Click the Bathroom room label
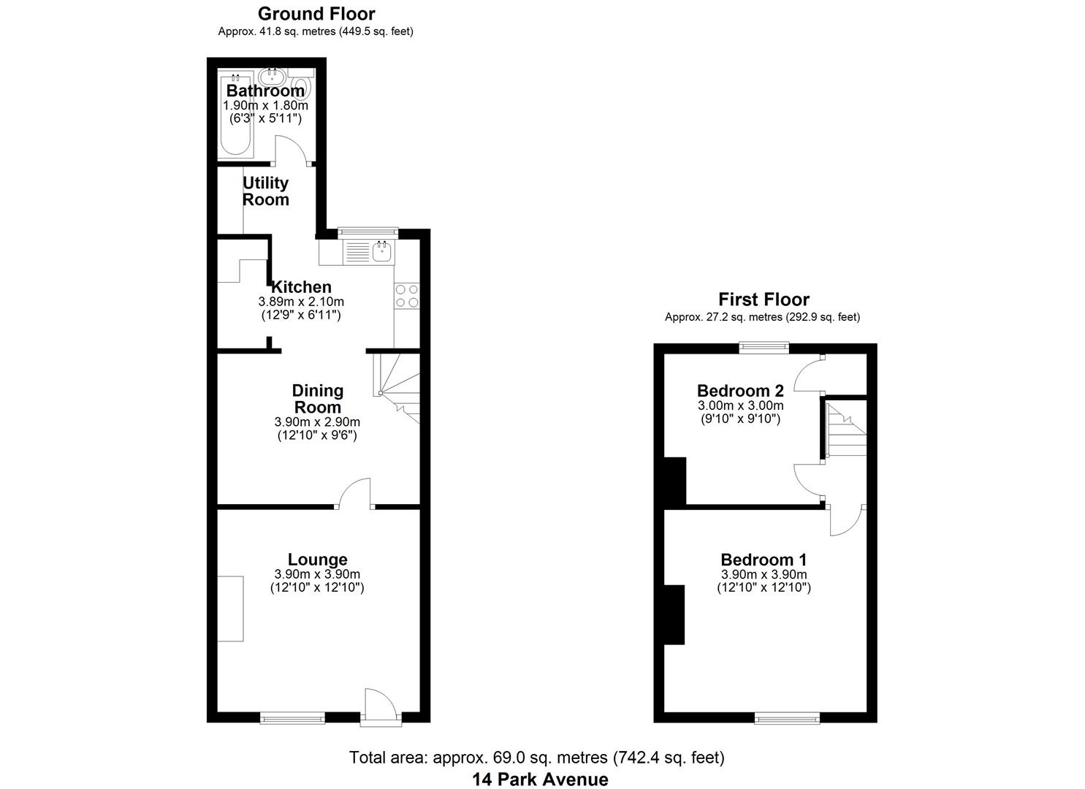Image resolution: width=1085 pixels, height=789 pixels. pyautogui.click(x=265, y=91)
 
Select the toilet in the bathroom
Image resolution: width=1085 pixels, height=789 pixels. pyautogui.click(x=305, y=89)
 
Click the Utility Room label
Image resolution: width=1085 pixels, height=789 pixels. pyautogui.click(x=265, y=191)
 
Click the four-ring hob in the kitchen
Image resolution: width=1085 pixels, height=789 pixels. pyautogui.click(x=407, y=295)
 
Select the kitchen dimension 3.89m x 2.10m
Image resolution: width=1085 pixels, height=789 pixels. pyautogui.click(x=301, y=301)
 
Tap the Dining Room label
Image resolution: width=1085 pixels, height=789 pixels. pyautogui.click(x=317, y=399)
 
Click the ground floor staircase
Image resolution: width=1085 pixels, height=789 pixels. pyautogui.click(x=398, y=387)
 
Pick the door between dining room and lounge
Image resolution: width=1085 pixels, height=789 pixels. pyautogui.click(x=355, y=492)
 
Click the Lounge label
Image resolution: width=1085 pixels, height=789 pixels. pyautogui.click(x=317, y=560)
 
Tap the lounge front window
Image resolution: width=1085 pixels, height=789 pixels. pyautogui.click(x=292, y=719)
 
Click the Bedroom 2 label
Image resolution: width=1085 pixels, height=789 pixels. pyautogui.click(x=740, y=391)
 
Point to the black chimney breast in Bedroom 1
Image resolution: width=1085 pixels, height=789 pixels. pyautogui.click(x=674, y=614)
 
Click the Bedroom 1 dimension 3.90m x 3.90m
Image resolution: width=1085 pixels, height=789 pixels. pyautogui.click(x=764, y=574)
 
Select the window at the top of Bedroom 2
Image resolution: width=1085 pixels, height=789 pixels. pyautogui.click(x=764, y=348)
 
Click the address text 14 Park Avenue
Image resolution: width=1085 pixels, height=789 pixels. pyautogui.click(x=540, y=779)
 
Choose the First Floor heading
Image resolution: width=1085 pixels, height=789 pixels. pyautogui.click(x=764, y=300)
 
